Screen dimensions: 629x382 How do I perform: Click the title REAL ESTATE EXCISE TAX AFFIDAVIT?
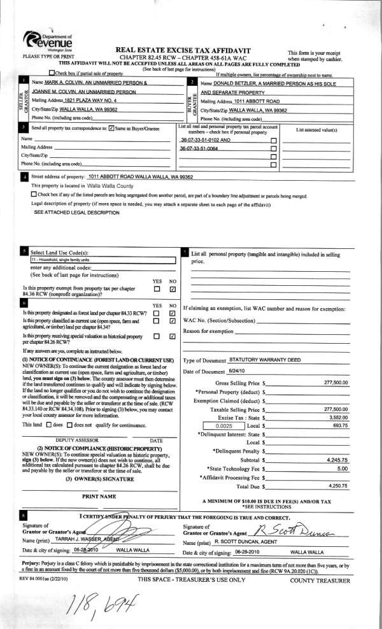pyautogui.click(x=183, y=50)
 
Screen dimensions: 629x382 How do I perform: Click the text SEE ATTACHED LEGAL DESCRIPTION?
pyautogui.click(x=67, y=211)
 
